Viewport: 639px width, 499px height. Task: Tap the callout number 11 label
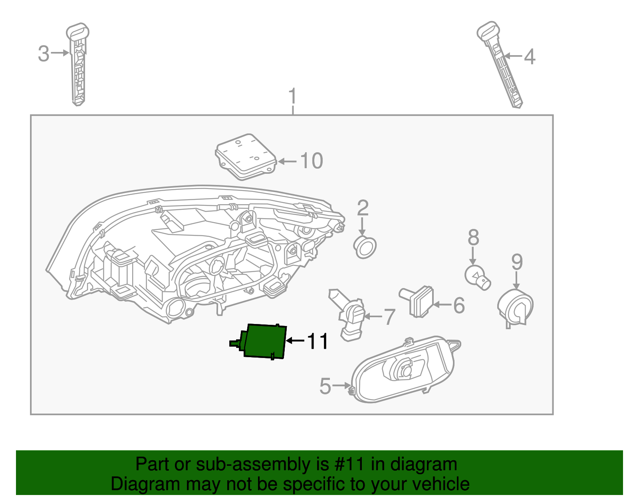(x=318, y=342)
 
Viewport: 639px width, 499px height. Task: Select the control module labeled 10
(x=246, y=157)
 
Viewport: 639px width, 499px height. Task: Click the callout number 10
(x=311, y=161)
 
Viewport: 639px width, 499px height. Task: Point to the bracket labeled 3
(x=78, y=66)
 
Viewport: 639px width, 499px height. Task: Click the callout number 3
(x=44, y=54)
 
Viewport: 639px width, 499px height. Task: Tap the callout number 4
(x=529, y=57)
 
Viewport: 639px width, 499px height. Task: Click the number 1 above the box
(x=293, y=96)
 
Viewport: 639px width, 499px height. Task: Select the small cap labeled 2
(x=365, y=247)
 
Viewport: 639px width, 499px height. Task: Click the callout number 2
(x=362, y=208)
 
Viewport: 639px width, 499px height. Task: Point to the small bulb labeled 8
(x=477, y=276)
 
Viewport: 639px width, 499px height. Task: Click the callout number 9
(x=517, y=262)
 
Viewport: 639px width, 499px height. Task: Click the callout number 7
(x=389, y=317)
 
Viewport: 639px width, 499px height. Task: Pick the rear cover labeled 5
(x=403, y=370)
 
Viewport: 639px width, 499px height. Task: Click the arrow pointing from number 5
(x=341, y=386)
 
